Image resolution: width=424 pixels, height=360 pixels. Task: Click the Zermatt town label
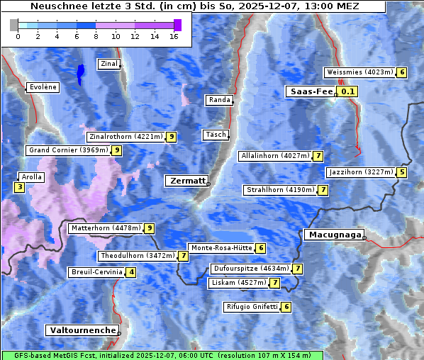point(186,181)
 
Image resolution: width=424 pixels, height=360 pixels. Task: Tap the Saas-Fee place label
point(311,91)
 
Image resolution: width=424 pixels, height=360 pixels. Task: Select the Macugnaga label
point(333,235)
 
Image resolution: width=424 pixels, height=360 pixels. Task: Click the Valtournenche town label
point(82,331)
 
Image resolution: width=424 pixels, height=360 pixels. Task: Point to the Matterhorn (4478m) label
point(105,228)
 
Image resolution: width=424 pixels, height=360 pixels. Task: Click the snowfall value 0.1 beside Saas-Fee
point(347,91)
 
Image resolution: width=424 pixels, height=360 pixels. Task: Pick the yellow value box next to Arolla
point(19,187)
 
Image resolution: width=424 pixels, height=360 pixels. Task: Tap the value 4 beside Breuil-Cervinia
point(131,272)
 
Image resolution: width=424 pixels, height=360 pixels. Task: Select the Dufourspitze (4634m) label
point(252,269)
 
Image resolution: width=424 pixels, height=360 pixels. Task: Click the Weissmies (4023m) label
point(359,72)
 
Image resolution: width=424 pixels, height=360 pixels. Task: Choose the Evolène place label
point(42,87)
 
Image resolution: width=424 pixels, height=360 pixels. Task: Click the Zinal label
point(109,64)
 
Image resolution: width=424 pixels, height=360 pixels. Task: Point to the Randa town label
point(219,100)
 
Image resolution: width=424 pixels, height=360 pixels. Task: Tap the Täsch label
point(215,135)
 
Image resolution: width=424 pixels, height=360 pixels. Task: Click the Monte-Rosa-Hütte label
point(221,248)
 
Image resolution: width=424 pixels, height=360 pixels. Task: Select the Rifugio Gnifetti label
point(252,307)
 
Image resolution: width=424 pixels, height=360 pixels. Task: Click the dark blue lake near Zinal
point(80,72)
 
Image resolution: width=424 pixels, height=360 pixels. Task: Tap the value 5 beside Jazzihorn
point(402,172)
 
